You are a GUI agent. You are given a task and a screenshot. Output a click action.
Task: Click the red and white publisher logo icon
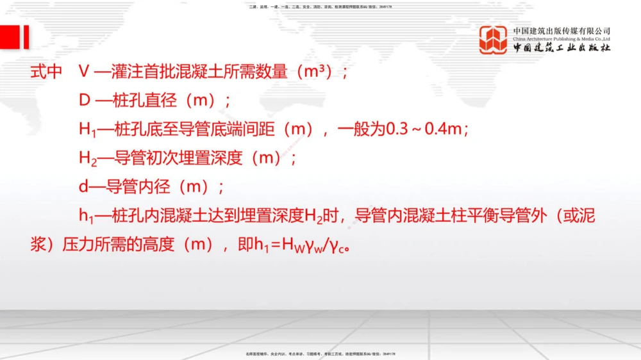coord(494,39)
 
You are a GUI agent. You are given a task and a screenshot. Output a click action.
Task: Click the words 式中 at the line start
coord(46,72)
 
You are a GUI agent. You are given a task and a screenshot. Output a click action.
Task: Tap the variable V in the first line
coord(83,72)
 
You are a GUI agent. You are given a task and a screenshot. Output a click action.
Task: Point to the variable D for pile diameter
coord(84,101)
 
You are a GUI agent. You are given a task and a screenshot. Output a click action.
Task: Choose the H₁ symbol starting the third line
coord(87,130)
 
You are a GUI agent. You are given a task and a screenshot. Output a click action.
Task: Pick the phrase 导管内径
coord(131,187)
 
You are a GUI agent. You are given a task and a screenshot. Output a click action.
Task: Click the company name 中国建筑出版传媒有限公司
coord(562,30)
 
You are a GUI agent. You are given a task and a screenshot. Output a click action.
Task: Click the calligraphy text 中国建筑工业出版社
coord(562,49)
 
